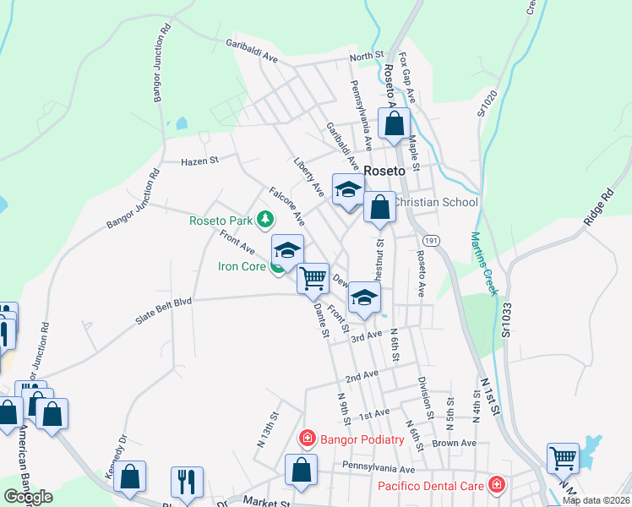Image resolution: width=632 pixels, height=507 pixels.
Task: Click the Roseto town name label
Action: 386,170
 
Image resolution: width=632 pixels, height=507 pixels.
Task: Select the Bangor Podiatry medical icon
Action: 307,438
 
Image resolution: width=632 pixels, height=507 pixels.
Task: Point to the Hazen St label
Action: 199,159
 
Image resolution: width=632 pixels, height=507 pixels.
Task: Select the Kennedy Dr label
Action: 116,456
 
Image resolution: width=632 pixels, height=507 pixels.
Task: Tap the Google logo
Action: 28,496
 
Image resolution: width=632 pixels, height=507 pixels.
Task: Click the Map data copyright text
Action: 595,500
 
